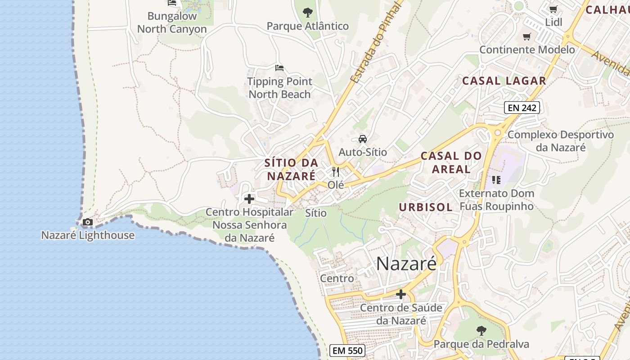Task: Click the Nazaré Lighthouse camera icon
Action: [x=88, y=222]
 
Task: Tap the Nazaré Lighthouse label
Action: [x=88, y=235]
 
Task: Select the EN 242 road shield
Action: [x=522, y=108]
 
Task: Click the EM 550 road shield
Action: [x=347, y=351]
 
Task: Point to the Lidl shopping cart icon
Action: [x=553, y=9]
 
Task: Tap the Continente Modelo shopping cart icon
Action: [x=527, y=36]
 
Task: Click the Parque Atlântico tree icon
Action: [x=308, y=12]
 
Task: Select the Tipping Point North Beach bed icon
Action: [x=279, y=68]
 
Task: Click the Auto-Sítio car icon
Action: [x=363, y=139]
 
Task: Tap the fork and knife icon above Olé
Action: [x=336, y=172]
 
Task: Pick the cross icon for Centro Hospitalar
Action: [x=249, y=198]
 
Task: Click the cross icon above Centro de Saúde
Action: [x=401, y=294]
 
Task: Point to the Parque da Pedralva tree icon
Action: [x=481, y=331]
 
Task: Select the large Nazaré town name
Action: [x=406, y=264]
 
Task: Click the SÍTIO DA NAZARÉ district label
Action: [x=291, y=169]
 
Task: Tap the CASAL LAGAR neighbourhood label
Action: [x=504, y=81]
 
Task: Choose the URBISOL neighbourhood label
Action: [x=426, y=207]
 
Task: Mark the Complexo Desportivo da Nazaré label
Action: [x=561, y=141]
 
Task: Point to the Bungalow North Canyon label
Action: [x=172, y=22]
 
